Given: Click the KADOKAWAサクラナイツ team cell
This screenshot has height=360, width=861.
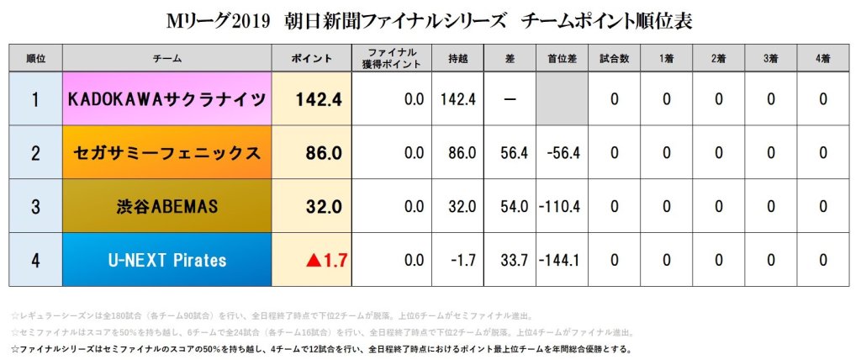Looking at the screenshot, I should (x=166, y=99).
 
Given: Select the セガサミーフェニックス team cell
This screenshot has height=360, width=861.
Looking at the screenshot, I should (x=166, y=153).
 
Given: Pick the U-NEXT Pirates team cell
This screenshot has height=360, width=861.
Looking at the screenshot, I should (x=166, y=260).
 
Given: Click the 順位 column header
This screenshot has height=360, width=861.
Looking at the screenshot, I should (x=35, y=58).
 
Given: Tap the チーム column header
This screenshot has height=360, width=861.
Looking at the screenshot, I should (x=166, y=58).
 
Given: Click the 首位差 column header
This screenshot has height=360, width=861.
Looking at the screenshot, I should (x=562, y=58).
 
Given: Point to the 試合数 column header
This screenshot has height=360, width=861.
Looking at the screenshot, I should (x=615, y=58).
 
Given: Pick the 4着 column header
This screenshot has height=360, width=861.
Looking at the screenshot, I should (x=822, y=58).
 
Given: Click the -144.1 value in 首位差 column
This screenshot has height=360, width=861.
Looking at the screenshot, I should (x=562, y=260).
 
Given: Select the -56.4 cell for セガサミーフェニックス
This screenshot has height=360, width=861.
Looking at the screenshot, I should (x=562, y=153).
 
